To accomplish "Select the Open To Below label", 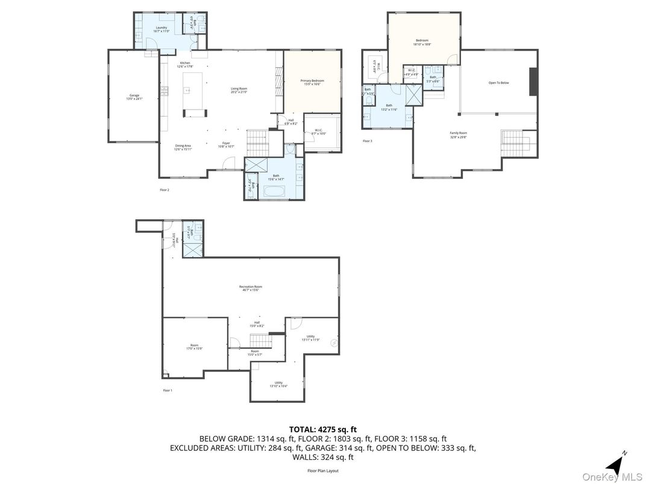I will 498,82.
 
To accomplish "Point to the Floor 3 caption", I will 367,141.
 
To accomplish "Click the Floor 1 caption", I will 168,391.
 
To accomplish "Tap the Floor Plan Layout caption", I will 323,471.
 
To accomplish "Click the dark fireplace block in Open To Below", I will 533,81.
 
